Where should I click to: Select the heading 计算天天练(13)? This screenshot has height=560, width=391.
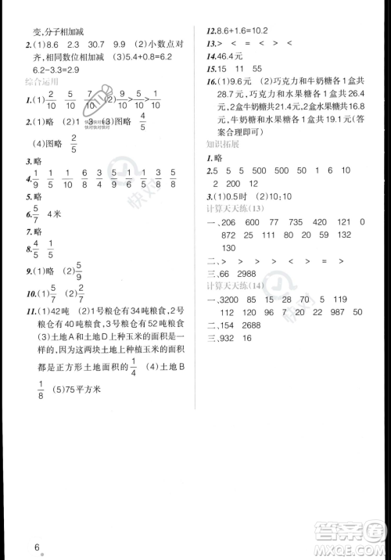pos(235,209)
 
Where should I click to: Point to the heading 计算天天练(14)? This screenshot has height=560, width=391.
pos(235,286)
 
